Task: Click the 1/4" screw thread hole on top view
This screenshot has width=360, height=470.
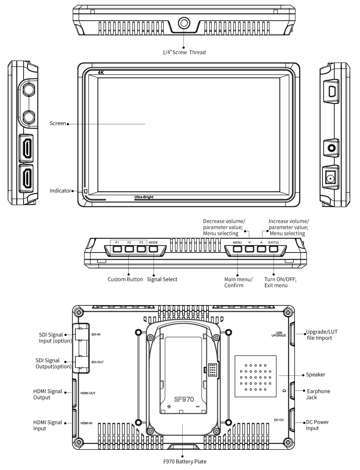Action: tap(184, 22)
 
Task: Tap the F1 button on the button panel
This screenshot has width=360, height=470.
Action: tap(117, 249)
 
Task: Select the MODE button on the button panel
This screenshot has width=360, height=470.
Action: tap(153, 249)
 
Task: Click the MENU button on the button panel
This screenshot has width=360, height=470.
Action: tap(237, 249)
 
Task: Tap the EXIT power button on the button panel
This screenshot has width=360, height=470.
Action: tap(274, 249)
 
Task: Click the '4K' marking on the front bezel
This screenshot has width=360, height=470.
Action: tap(101, 73)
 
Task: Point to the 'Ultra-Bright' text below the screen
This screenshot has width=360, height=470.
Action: tap(144, 197)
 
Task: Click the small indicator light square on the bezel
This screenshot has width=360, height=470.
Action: tap(85, 191)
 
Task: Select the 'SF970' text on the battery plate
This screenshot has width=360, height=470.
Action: tap(184, 399)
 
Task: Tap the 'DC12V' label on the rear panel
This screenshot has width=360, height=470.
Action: tap(279, 420)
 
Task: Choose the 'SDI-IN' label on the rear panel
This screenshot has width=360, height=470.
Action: tap(96, 334)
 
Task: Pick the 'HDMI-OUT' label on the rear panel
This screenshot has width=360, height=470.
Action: tap(88, 393)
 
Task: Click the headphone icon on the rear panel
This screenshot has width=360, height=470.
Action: tap(284, 391)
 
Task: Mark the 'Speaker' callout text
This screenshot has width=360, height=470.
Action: tap(315, 375)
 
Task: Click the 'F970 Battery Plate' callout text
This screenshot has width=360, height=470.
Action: tap(184, 461)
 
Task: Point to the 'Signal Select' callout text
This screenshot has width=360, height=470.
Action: tap(162, 279)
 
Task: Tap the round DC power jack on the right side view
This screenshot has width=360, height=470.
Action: tap(330, 179)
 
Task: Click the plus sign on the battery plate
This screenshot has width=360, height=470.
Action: tap(169, 407)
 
